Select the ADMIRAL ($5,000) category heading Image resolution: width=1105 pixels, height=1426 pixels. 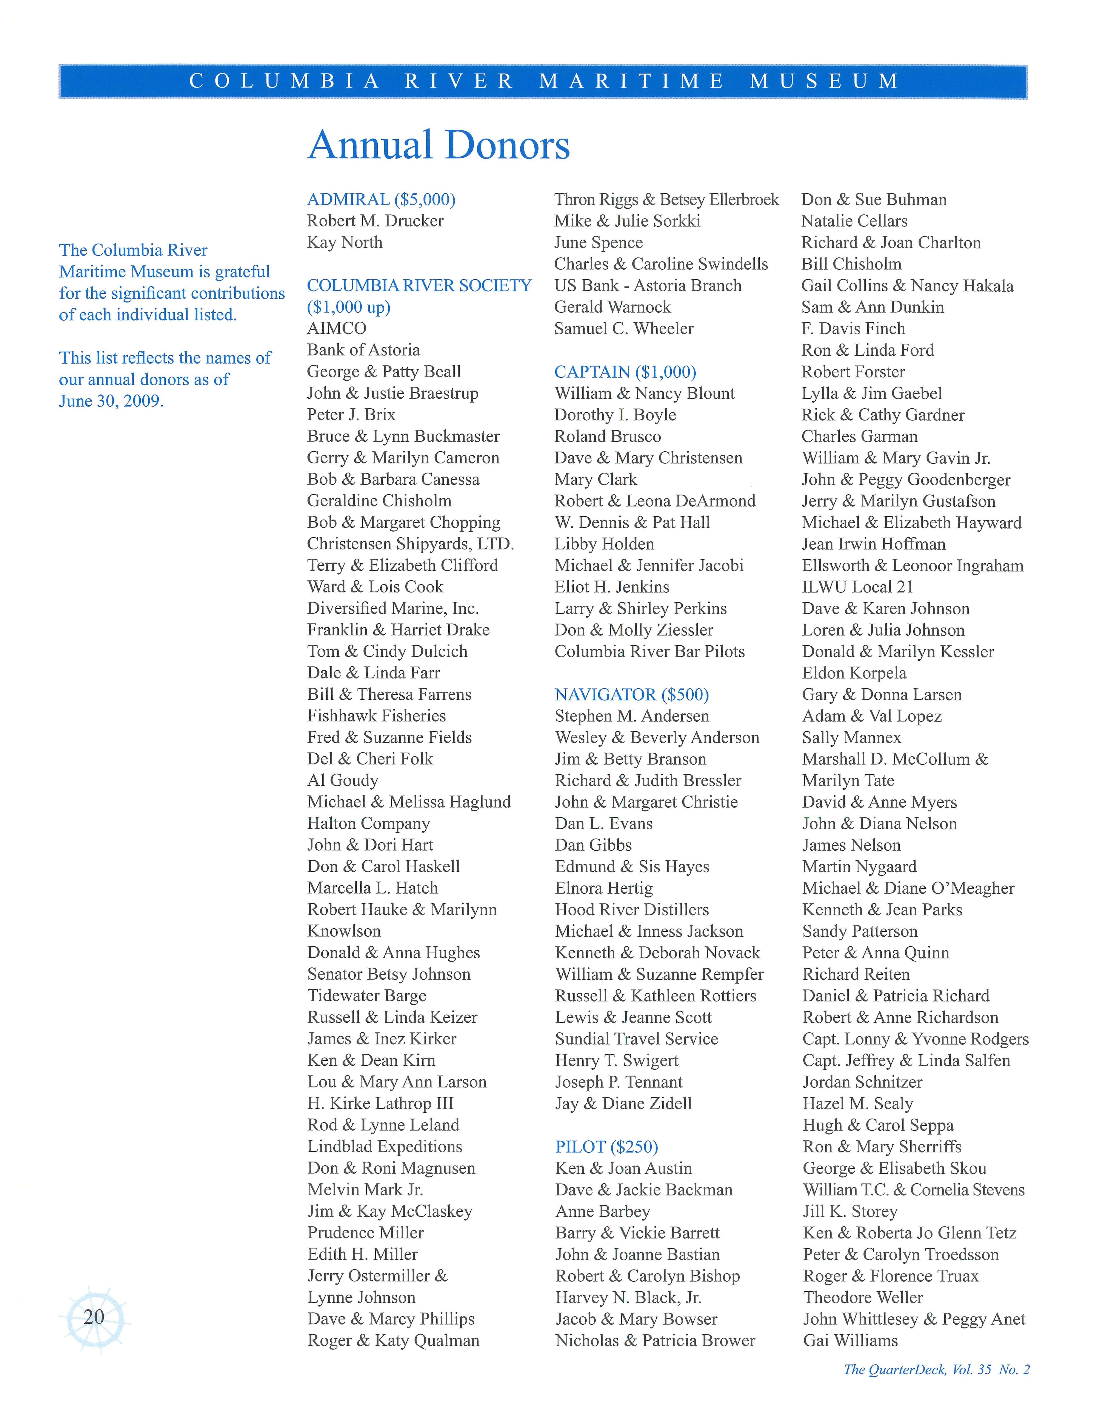tap(381, 199)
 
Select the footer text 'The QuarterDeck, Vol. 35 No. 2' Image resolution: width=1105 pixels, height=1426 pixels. tap(936, 1369)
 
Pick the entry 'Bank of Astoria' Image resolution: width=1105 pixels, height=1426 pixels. tap(363, 350)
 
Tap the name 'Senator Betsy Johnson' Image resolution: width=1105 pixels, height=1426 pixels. tap(389, 974)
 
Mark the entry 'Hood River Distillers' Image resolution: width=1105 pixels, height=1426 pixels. tap(631, 909)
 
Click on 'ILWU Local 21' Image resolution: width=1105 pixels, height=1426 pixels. tap(857, 587)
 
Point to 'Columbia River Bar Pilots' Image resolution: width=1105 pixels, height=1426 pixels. tap(649, 652)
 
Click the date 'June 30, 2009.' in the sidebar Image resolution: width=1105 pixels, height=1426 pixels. tap(111, 401)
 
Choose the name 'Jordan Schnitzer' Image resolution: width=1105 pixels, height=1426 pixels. tap(862, 1082)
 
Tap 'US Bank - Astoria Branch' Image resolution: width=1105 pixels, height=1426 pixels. tap(648, 285)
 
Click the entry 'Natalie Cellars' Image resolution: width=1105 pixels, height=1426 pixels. tap(854, 221)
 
